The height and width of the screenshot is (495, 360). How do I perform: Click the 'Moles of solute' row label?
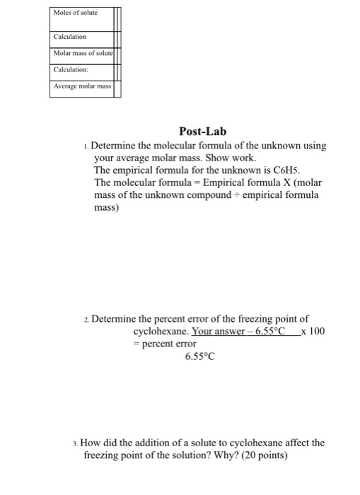click(74, 13)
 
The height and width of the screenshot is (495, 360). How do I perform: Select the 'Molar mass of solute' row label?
click(84, 53)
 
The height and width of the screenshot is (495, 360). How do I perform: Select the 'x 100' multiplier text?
click(313, 331)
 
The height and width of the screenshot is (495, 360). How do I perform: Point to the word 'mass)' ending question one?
click(108, 208)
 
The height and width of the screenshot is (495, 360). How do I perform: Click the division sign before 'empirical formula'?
click(236, 196)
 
